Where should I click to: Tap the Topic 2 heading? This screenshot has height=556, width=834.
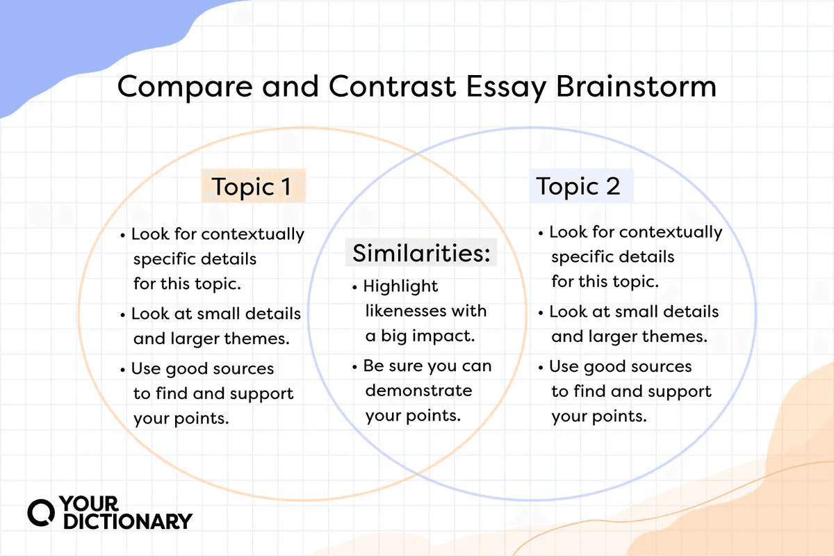tap(578, 187)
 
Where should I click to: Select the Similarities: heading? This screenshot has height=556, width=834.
tap(421, 253)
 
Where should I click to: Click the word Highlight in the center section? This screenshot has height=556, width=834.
tap(401, 286)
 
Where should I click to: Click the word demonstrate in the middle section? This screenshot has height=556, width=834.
tap(418, 391)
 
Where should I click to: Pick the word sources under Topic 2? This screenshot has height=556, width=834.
tap(657, 366)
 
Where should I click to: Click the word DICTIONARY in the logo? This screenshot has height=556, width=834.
tap(127, 521)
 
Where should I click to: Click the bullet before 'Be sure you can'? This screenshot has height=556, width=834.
tap(355, 366)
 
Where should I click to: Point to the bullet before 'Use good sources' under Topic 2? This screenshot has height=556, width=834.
tap(541, 366)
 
